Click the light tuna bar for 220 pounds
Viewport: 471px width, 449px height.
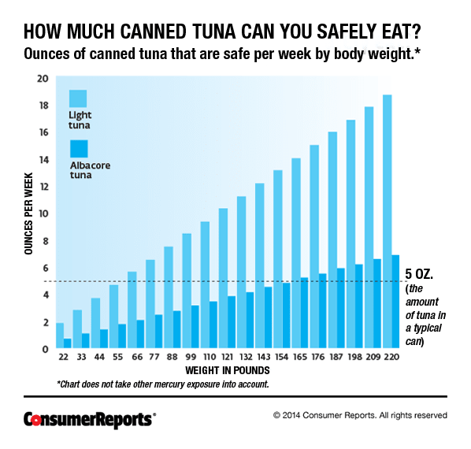388,221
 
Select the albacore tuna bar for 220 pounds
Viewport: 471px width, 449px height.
395,302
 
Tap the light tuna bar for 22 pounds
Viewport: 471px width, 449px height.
60,336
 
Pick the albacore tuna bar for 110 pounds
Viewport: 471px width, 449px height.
213,325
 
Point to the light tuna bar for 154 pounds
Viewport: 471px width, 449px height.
278,259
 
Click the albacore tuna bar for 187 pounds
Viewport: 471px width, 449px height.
340,308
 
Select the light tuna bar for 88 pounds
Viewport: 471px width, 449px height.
169,297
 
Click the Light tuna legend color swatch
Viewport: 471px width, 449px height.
78,98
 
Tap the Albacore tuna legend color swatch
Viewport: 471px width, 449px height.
79,149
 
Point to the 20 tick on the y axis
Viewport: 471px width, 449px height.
43,79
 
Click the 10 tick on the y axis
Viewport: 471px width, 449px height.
43,213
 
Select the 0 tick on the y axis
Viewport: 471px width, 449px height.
46,349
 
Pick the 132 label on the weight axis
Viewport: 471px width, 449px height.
246,357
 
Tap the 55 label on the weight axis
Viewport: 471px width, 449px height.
118,357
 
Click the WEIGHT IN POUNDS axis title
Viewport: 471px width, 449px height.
228,370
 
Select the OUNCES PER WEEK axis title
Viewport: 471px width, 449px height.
28,213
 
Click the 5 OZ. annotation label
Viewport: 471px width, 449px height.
419,274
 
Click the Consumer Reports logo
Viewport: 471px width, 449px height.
90,419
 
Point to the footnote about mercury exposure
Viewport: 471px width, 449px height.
163,384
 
